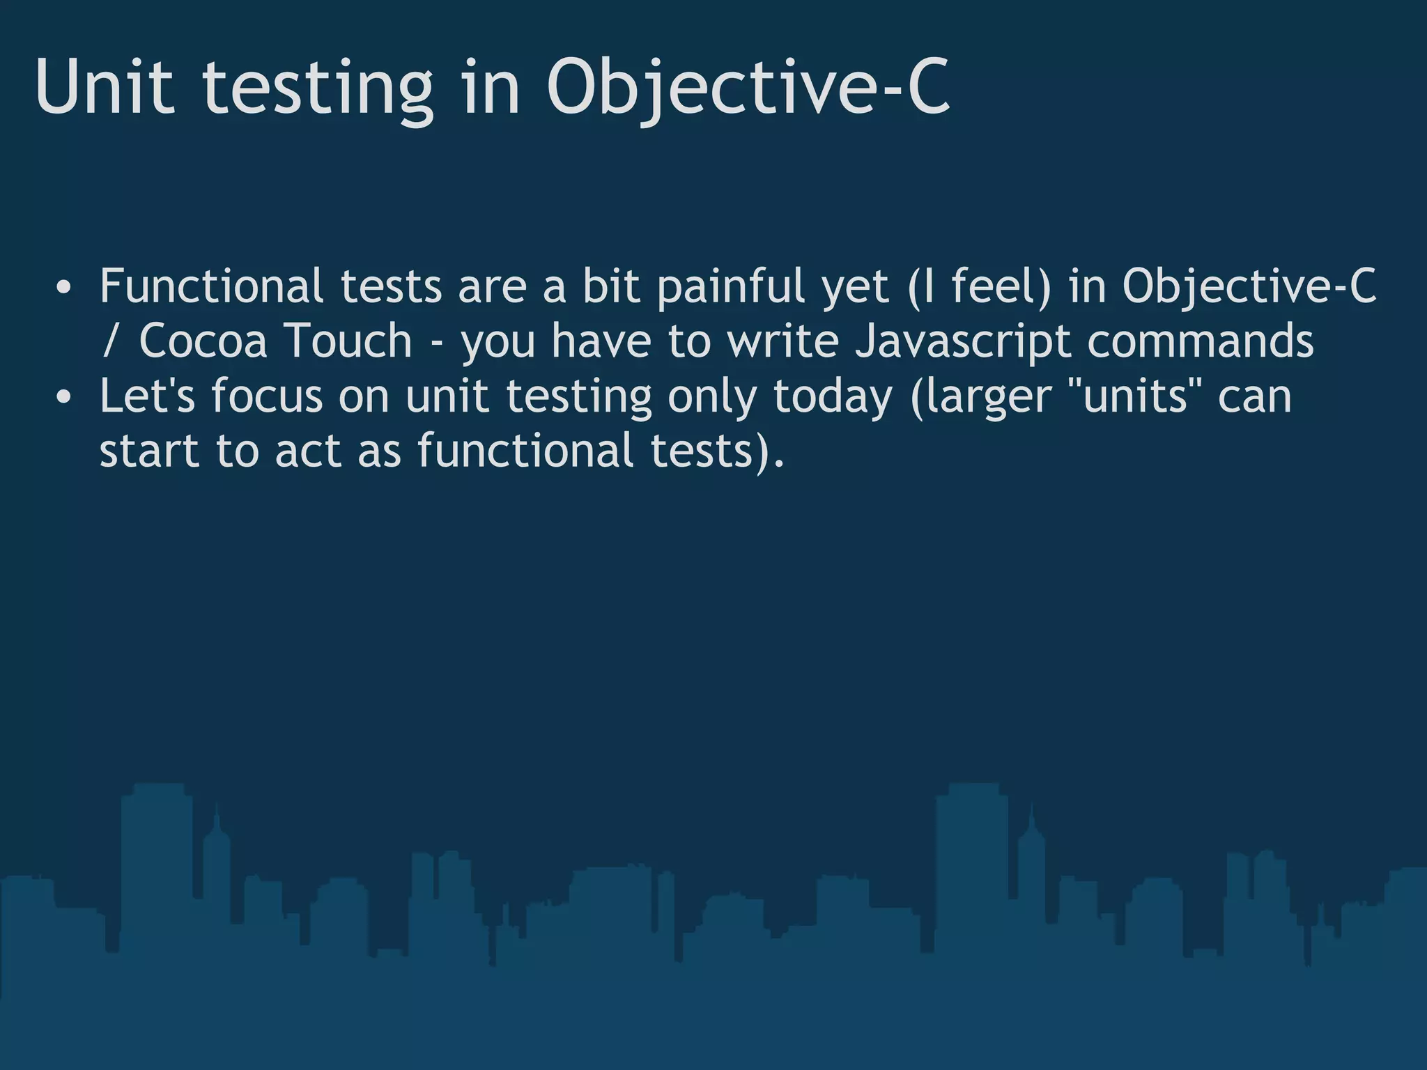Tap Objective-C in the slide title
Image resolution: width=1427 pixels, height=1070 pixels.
tap(748, 88)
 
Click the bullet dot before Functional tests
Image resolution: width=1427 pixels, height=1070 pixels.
tap(63, 288)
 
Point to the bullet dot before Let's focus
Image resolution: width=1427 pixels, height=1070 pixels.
tap(63, 398)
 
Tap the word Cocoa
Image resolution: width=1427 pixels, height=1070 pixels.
tap(203, 341)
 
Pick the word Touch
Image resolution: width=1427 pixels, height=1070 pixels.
tap(348, 341)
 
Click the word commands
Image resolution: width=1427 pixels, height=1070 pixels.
tap(1200, 341)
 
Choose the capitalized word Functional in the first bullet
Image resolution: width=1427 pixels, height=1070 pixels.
tap(211, 286)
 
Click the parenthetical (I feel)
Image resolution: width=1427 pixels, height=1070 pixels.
tap(980, 287)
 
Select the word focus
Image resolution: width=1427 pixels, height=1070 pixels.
tap(267, 396)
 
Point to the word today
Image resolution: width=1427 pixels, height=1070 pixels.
tap(832, 397)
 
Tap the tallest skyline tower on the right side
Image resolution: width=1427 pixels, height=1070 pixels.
tap(971, 864)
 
